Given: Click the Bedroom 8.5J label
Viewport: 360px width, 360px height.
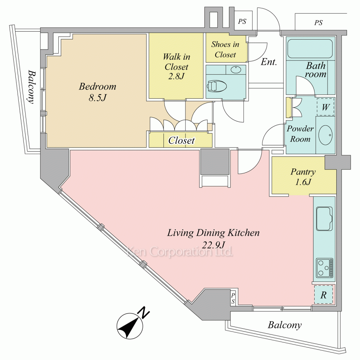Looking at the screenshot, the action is click(x=98, y=92).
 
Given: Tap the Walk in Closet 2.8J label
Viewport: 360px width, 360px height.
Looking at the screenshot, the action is click(x=176, y=66).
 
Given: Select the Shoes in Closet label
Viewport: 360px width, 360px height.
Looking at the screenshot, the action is click(x=225, y=49).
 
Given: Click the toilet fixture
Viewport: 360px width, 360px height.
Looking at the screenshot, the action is click(x=216, y=86).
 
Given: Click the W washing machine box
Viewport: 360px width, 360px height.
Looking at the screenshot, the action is click(x=325, y=107).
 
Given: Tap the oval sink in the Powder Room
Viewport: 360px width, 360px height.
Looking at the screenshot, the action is click(x=325, y=135).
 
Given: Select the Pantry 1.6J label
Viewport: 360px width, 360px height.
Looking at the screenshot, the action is click(x=303, y=177).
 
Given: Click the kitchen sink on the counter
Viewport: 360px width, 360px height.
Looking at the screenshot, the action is click(x=324, y=219).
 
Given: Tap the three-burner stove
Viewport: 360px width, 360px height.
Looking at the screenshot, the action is click(x=324, y=267).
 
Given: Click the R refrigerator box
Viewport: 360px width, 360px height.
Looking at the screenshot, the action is click(x=323, y=295).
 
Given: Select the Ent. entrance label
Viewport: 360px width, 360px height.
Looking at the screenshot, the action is click(x=269, y=62).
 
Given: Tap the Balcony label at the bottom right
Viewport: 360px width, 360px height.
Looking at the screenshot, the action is click(x=285, y=325).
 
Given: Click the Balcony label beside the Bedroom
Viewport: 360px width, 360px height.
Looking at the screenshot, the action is click(x=32, y=87).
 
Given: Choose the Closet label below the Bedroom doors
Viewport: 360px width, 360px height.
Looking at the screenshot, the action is click(x=181, y=140).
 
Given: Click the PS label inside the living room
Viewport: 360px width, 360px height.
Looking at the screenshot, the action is click(x=233, y=298).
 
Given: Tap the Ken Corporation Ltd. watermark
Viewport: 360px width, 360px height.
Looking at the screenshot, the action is click(x=180, y=252).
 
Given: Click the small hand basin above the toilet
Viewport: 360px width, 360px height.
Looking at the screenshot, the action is click(x=236, y=69).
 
